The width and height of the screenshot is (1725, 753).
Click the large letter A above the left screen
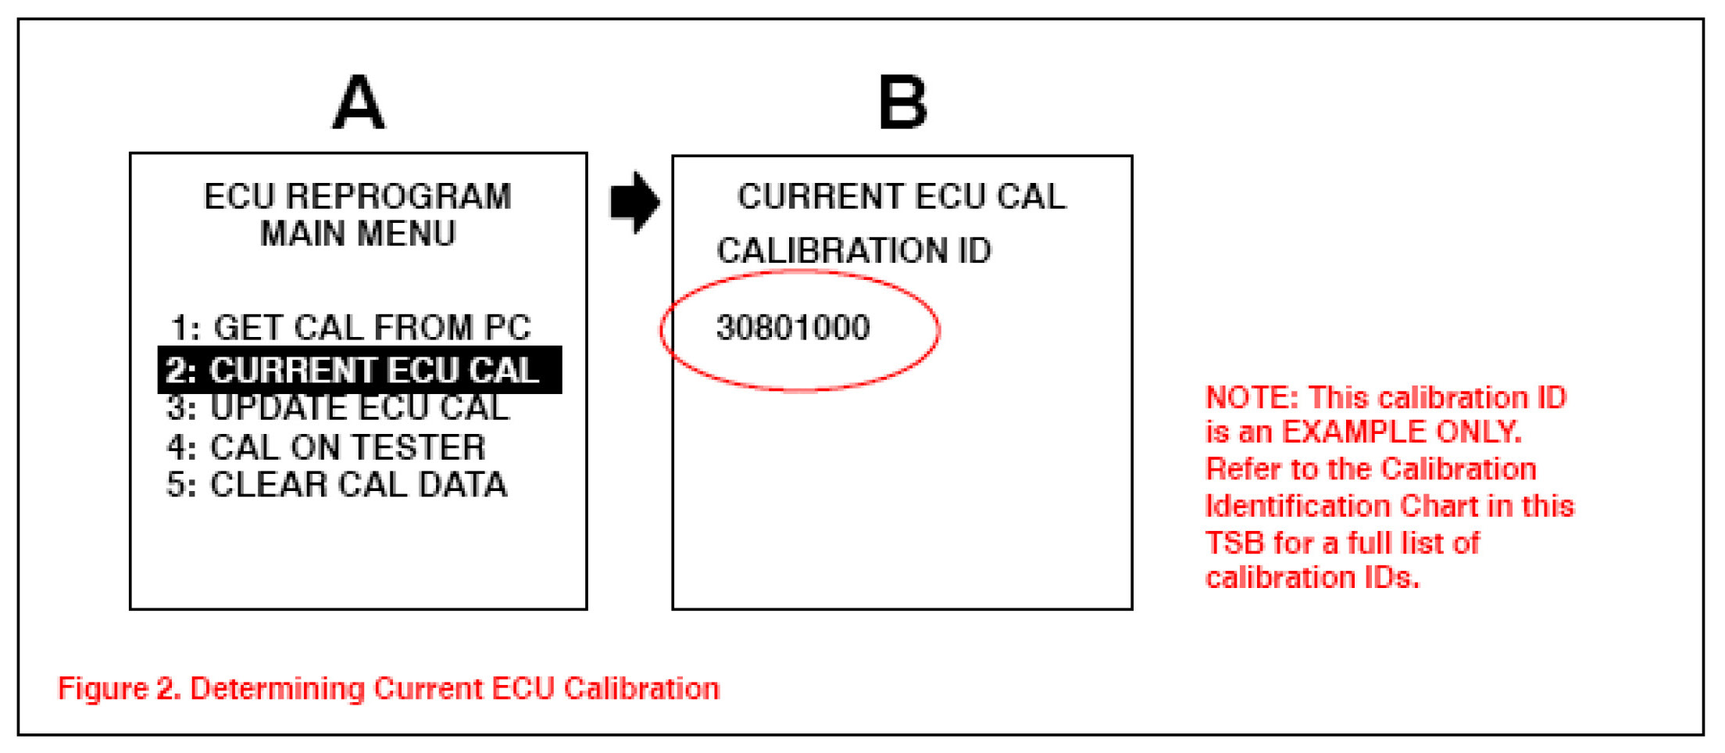click(359, 103)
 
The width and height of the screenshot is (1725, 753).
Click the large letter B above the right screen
click(902, 103)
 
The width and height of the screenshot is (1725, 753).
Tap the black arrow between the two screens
click(634, 202)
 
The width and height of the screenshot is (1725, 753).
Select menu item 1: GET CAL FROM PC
click(351, 328)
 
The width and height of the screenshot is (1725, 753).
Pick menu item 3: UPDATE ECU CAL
click(338, 408)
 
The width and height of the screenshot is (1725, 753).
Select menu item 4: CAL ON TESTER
click(327, 447)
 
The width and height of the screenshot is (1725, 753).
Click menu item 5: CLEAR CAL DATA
click(337, 485)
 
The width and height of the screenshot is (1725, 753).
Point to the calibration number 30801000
click(793, 328)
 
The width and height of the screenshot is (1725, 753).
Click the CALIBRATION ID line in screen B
click(854, 251)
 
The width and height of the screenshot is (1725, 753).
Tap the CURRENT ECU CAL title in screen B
click(902, 196)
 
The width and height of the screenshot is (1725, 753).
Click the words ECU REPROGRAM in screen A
click(358, 196)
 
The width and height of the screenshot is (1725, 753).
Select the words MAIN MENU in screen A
click(358, 234)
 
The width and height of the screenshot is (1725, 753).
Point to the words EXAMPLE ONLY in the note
click(1402, 432)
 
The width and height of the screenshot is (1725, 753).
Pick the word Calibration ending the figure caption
click(641, 689)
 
